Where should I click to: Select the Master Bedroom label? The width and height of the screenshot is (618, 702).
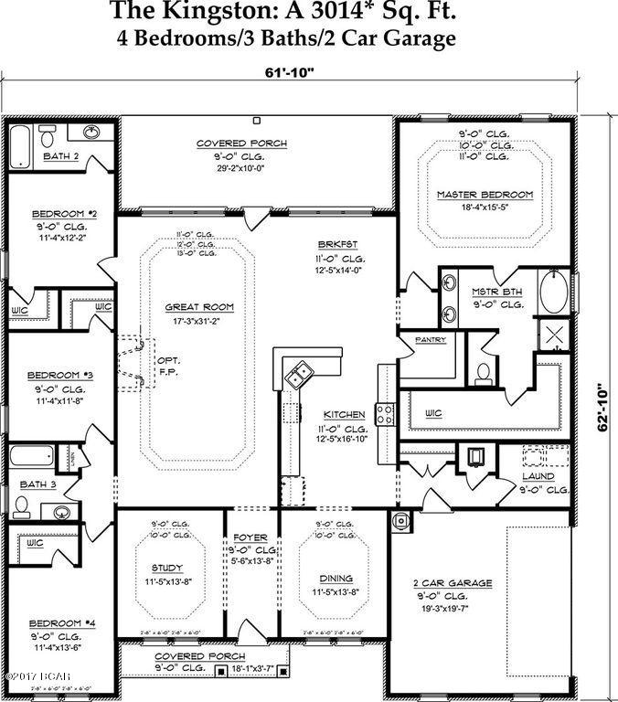click(484, 195)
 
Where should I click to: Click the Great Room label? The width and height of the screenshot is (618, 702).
click(199, 307)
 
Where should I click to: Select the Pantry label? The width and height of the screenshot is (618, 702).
click(430, 340)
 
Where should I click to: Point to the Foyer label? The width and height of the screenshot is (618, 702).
click(251, 537)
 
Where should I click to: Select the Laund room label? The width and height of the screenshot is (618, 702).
click(538, 476)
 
